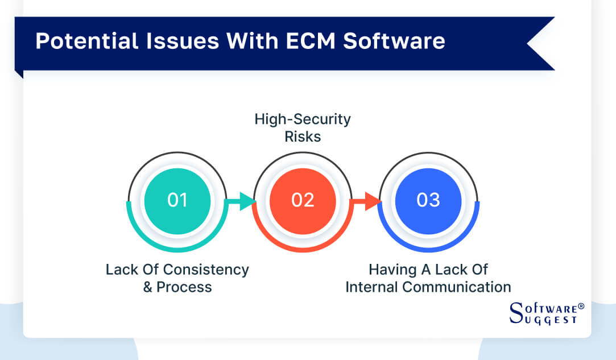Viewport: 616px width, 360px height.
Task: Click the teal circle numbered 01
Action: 177,200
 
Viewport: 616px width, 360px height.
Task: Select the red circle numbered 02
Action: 303,200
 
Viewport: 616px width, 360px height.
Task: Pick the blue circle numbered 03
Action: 428,200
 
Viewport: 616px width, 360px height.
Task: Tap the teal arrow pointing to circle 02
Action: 242,201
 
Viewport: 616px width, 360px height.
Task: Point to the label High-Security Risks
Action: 303,127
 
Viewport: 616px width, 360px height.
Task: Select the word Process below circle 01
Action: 184,287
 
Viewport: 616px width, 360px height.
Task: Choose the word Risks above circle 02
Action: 303,136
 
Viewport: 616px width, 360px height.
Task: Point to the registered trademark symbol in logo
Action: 581,306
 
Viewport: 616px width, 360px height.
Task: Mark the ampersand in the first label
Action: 148,287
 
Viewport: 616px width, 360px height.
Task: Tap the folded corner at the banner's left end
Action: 19,73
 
